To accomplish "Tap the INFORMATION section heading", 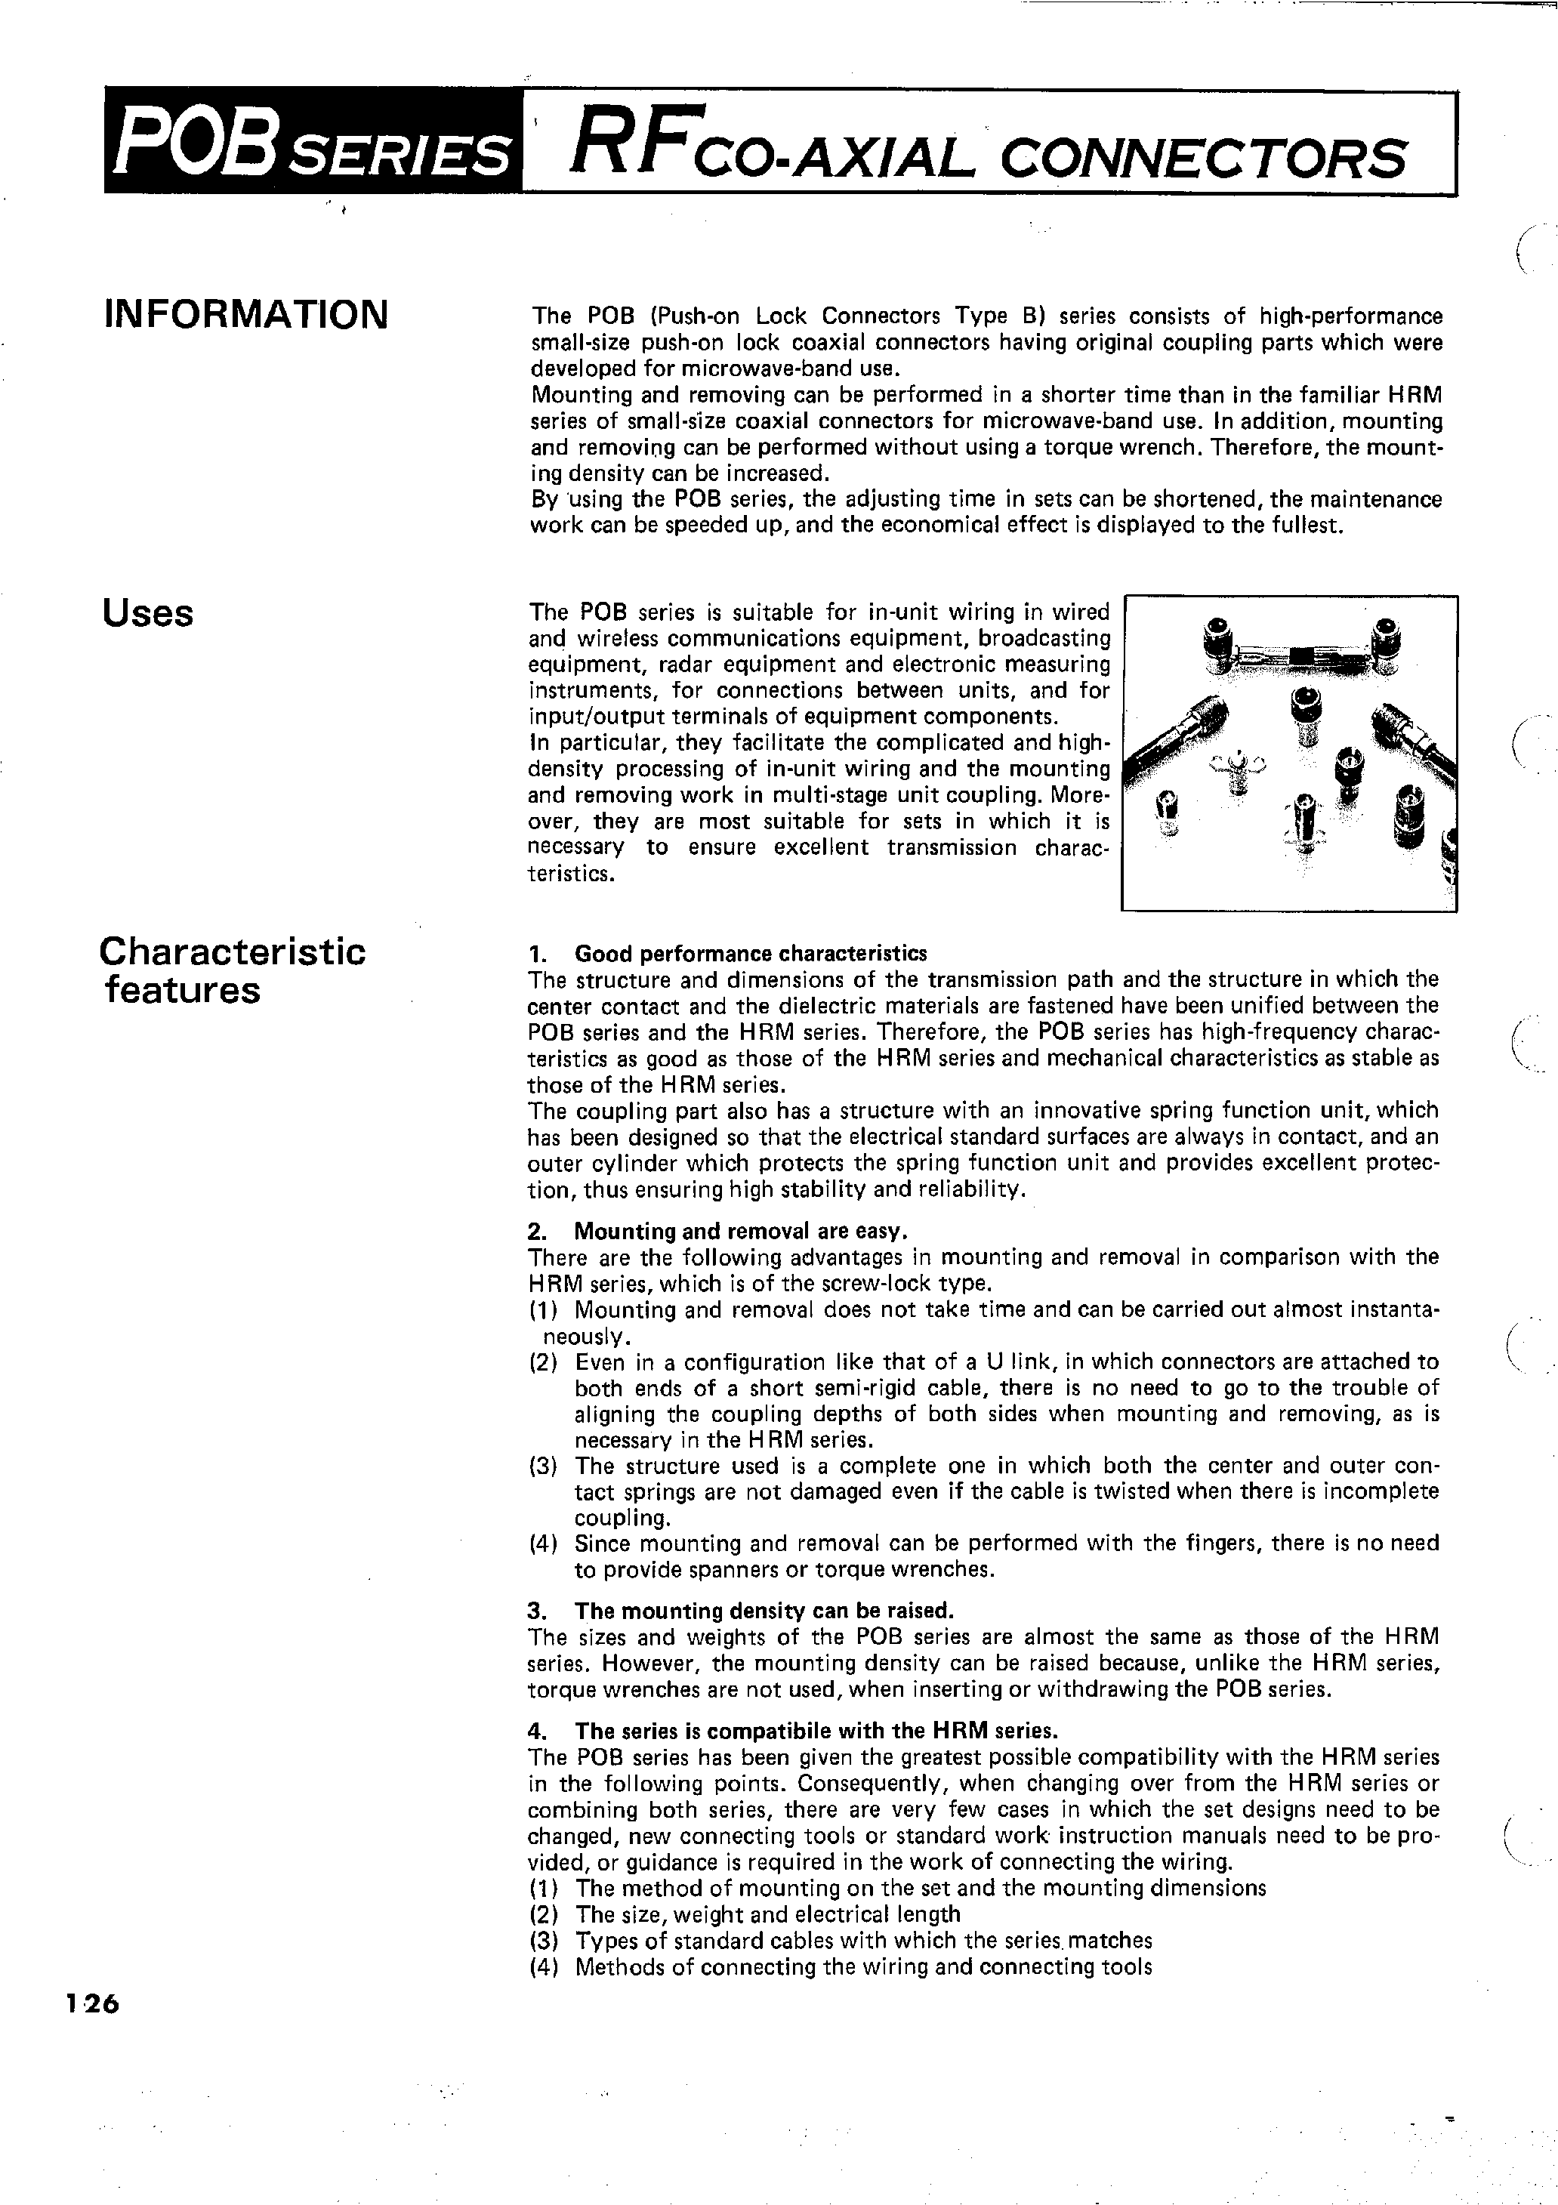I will [x=246, y=315].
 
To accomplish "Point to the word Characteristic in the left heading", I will [x=233, y=951].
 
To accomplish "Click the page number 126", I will [x=91, y=2004].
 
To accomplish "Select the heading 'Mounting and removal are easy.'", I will [x=741, y=1231].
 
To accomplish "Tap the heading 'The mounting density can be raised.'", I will [x=764, y=1611].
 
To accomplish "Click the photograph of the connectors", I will [x=1289, y=752].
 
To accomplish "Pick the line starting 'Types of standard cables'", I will [x=862, y=1940].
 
